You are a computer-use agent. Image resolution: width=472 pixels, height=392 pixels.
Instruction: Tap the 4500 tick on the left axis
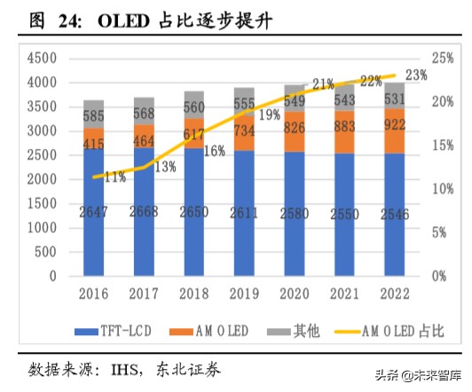coord(41,59)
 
